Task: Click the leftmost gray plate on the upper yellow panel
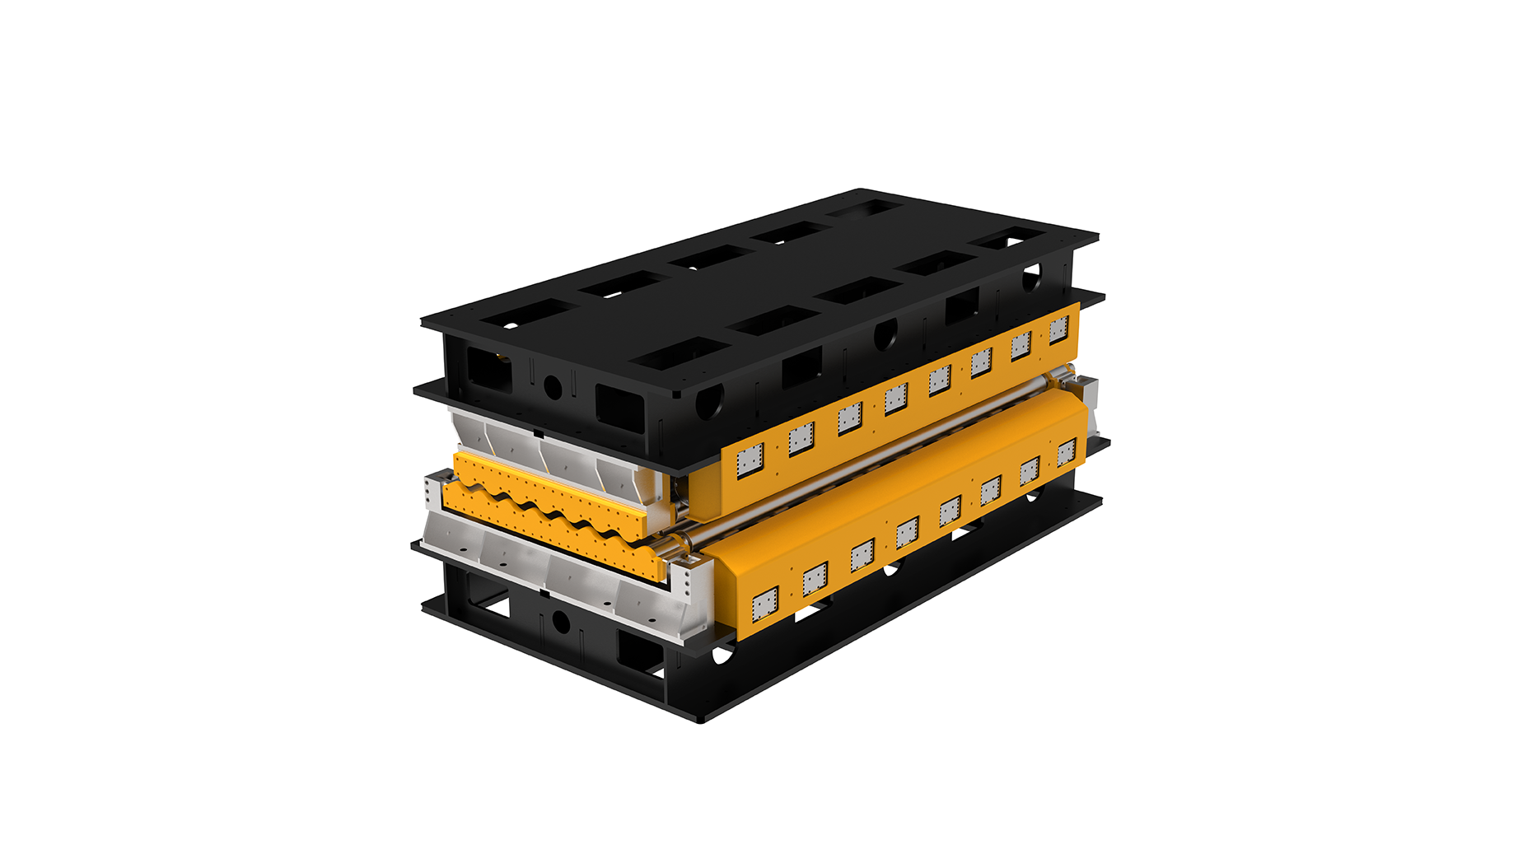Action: (750, 460)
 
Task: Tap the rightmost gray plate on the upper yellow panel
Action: (1058, 329)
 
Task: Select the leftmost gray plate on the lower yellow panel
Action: (765, 605)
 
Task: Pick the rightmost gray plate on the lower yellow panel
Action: (1066, 452)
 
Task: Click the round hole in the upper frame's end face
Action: (553, 386)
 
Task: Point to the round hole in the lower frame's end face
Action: (561, 622)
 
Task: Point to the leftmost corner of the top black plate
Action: (423, 321)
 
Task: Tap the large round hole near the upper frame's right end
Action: (1030, 277)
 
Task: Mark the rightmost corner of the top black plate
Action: (1096, 236)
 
